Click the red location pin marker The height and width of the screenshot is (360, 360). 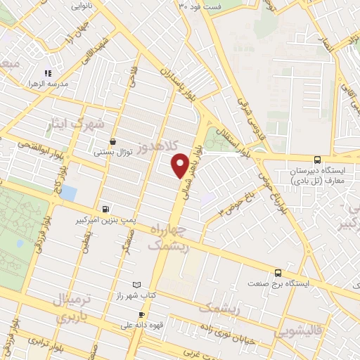click(181, 166)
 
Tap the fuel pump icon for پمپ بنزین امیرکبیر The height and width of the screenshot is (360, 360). click(105, 208)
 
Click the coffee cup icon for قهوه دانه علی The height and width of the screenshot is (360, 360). click(142, 314)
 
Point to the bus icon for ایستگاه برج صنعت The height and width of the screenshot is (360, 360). click(278, 273)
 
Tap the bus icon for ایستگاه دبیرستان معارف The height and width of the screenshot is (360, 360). click(317, 160)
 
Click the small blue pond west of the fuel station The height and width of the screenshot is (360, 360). click(68, 193)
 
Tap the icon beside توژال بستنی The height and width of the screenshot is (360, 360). click(112, 141)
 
